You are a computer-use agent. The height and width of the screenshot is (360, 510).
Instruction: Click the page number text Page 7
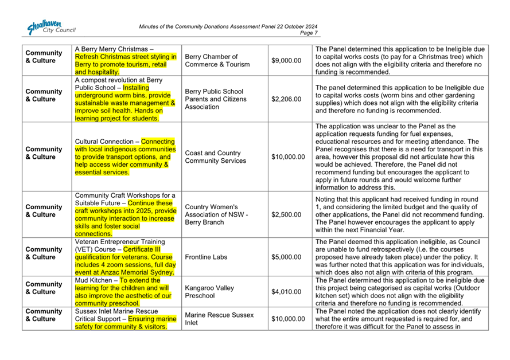click(x=309, y=33)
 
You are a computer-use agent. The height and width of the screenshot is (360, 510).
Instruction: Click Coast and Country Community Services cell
click(x=215, y=156)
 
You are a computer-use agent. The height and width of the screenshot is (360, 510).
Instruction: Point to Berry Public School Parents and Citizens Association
click(x=215, y=99)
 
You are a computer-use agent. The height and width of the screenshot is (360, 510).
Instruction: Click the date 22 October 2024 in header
click(x=288, y=27)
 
